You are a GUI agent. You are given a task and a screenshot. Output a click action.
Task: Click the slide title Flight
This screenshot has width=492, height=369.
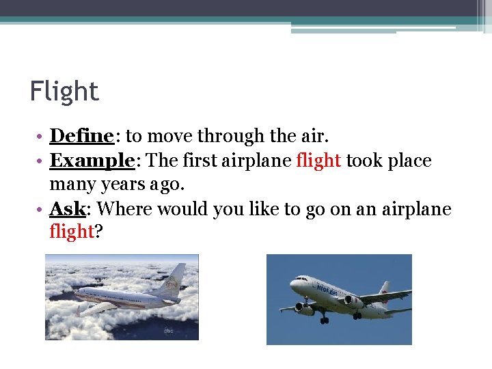tap(64, 91)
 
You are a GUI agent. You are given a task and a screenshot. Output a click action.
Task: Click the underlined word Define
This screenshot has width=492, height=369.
tap(81, 136)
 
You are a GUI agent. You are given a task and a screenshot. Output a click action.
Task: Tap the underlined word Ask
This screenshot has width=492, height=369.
tap(66, 209)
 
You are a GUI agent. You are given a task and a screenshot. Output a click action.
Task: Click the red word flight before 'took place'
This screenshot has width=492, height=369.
tap(318, 161)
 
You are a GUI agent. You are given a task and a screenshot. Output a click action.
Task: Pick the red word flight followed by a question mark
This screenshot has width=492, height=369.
tap(71, 232)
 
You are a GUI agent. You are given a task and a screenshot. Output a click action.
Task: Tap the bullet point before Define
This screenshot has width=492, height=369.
tap(42, 137)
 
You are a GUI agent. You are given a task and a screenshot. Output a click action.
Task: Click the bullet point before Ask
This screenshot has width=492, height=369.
tap(42, 210)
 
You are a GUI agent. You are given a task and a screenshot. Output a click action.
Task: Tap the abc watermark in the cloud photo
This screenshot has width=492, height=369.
tap(168, 330)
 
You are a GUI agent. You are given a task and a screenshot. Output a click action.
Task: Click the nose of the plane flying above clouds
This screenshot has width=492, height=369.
tap(76, 294)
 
